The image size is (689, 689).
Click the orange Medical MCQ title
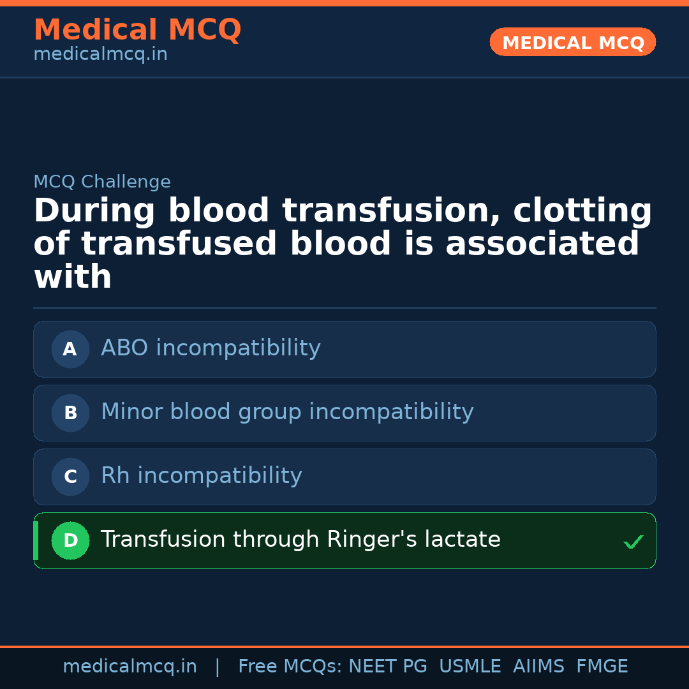(137, 30)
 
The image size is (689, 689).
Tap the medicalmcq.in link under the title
(100, 55)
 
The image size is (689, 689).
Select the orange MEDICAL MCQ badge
(572, 43)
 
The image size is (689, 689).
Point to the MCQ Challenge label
(102, 182)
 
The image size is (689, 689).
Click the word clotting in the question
(582, 212)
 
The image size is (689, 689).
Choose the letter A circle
(70, 350)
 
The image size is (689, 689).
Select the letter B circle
(70, 413)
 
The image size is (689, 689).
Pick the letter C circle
(70, 477)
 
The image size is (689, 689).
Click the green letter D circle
(70, 541)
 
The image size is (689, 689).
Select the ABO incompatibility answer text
(211, 348)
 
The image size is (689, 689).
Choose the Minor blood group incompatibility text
(287, 412)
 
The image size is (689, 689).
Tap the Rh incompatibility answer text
(202, 476)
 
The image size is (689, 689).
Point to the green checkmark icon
(633, 542)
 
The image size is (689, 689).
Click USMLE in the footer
(470, 667)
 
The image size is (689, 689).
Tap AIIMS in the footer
(538, 667)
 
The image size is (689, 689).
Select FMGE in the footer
(602, 667)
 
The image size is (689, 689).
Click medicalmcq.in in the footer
(130, 667)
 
